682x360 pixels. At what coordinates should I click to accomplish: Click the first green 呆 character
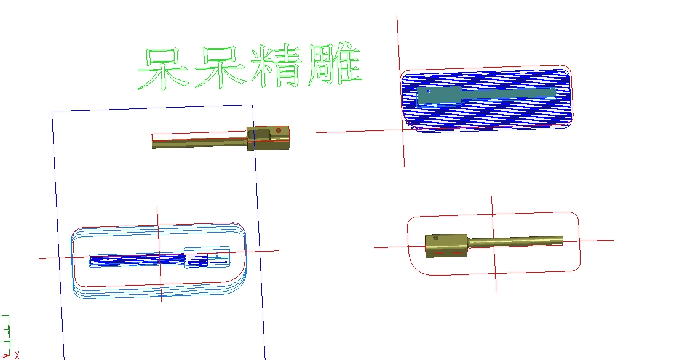click(x=163, y=68)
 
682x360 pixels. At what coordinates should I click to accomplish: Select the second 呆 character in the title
click(x=220, y=66)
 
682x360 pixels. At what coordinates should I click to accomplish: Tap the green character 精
click(x=276, y=65)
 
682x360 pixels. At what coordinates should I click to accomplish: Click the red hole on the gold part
click(x=279, y=130)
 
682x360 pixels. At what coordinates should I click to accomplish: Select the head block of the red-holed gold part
click(x=268, y=138)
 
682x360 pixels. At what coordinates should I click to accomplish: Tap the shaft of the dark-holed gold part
click(x=515, y=242)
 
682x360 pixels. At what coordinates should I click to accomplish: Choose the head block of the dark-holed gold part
click(x=446, y=246)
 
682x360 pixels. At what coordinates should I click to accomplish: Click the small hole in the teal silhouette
click(x=429, y=91)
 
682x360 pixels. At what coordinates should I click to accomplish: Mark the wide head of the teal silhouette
click(x=438, y=96)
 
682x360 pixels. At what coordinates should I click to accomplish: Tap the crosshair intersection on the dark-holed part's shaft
click(x=494, y=243)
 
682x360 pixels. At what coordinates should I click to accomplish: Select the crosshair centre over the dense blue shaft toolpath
click(x=159, y=255)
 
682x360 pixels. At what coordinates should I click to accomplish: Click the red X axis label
click(x=17, y=355)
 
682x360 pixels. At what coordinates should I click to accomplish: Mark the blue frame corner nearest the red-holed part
click(x=253, y=105)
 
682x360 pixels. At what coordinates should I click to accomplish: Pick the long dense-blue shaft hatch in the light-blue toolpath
click(x=137, y=260)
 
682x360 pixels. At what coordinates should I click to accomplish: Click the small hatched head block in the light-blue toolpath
click(x=199, y=260)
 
